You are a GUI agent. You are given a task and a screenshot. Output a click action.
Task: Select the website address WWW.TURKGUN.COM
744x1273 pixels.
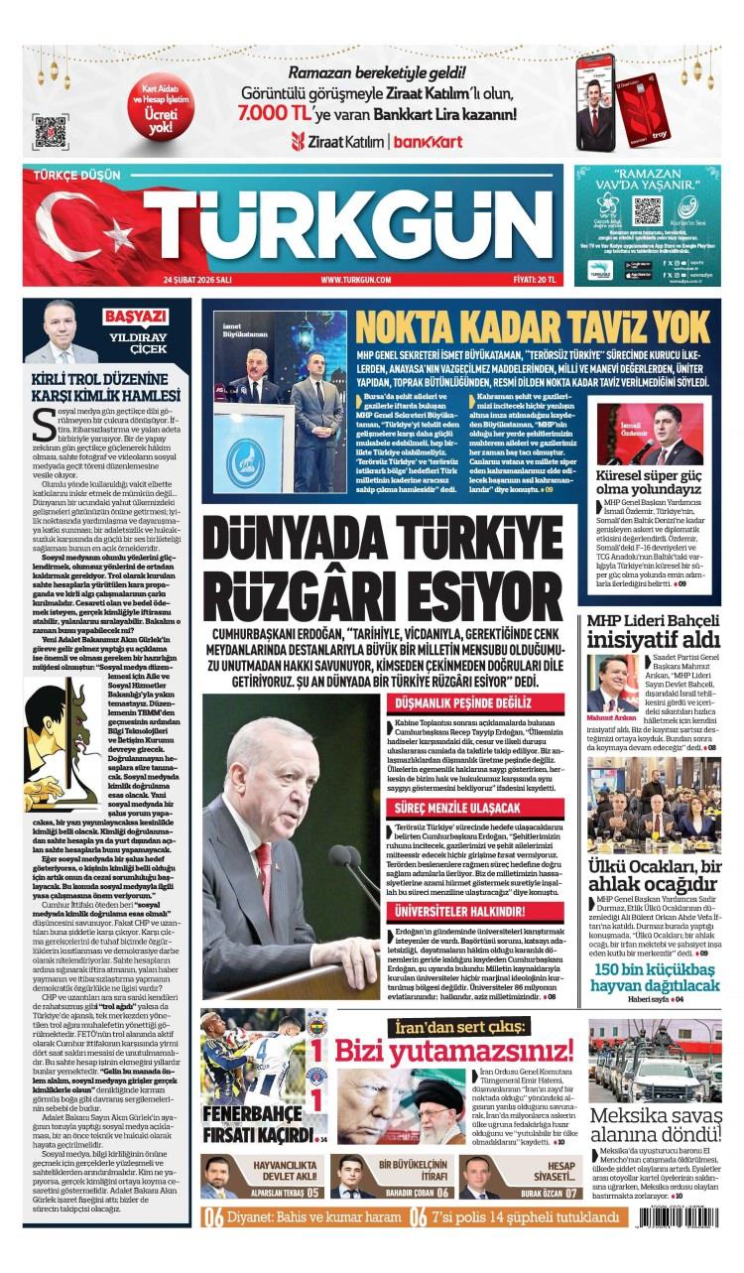tap(355, 280)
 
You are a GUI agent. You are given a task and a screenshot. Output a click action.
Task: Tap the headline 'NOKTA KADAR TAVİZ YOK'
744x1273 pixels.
tap(533, 326)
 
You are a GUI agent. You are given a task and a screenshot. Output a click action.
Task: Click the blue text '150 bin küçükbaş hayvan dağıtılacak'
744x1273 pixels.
tap(654, 985)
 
